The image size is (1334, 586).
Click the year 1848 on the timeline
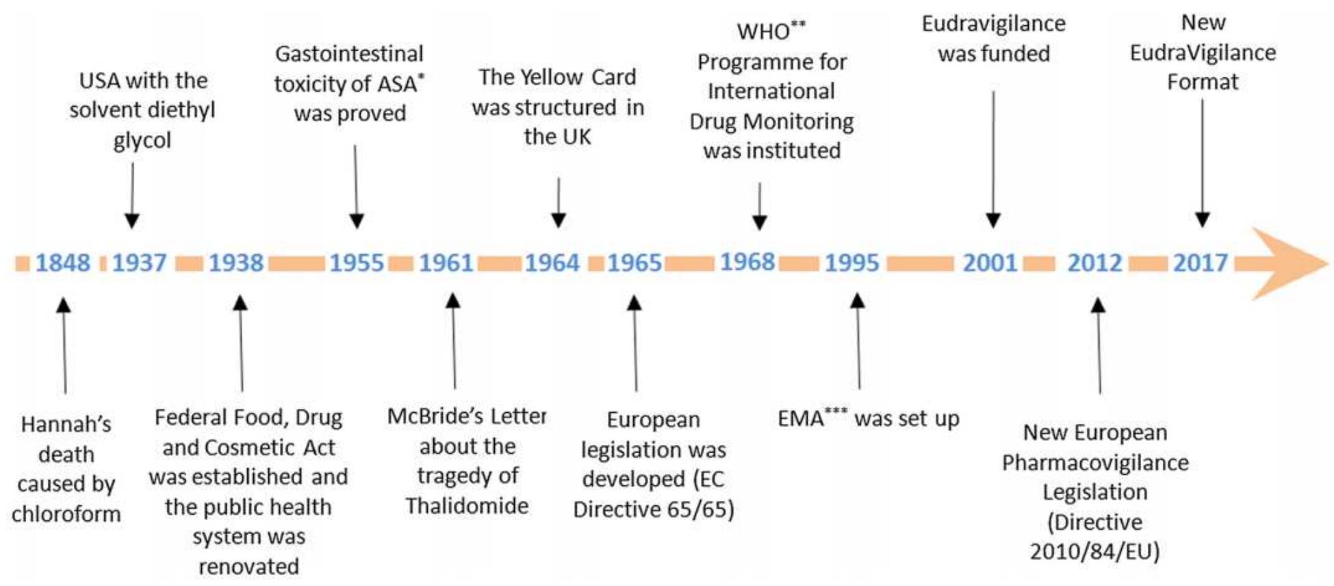coord(62,263)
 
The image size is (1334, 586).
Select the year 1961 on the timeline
coord(446,263)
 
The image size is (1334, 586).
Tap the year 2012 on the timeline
coord(1094,263)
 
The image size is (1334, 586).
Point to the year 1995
coord(851,263)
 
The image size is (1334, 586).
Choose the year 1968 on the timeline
coord(747,262)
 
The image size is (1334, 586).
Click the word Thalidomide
coord(467,506)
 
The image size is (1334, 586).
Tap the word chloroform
coord(66,514)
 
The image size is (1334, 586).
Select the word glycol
coord(142,140)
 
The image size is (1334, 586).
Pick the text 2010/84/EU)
coord(1094,552)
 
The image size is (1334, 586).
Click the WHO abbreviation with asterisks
coord(770,31)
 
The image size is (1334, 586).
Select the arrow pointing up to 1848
coord(64,346)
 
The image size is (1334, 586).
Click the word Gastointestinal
coord(349,54)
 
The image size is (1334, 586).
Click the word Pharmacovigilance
coord(1095,463)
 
